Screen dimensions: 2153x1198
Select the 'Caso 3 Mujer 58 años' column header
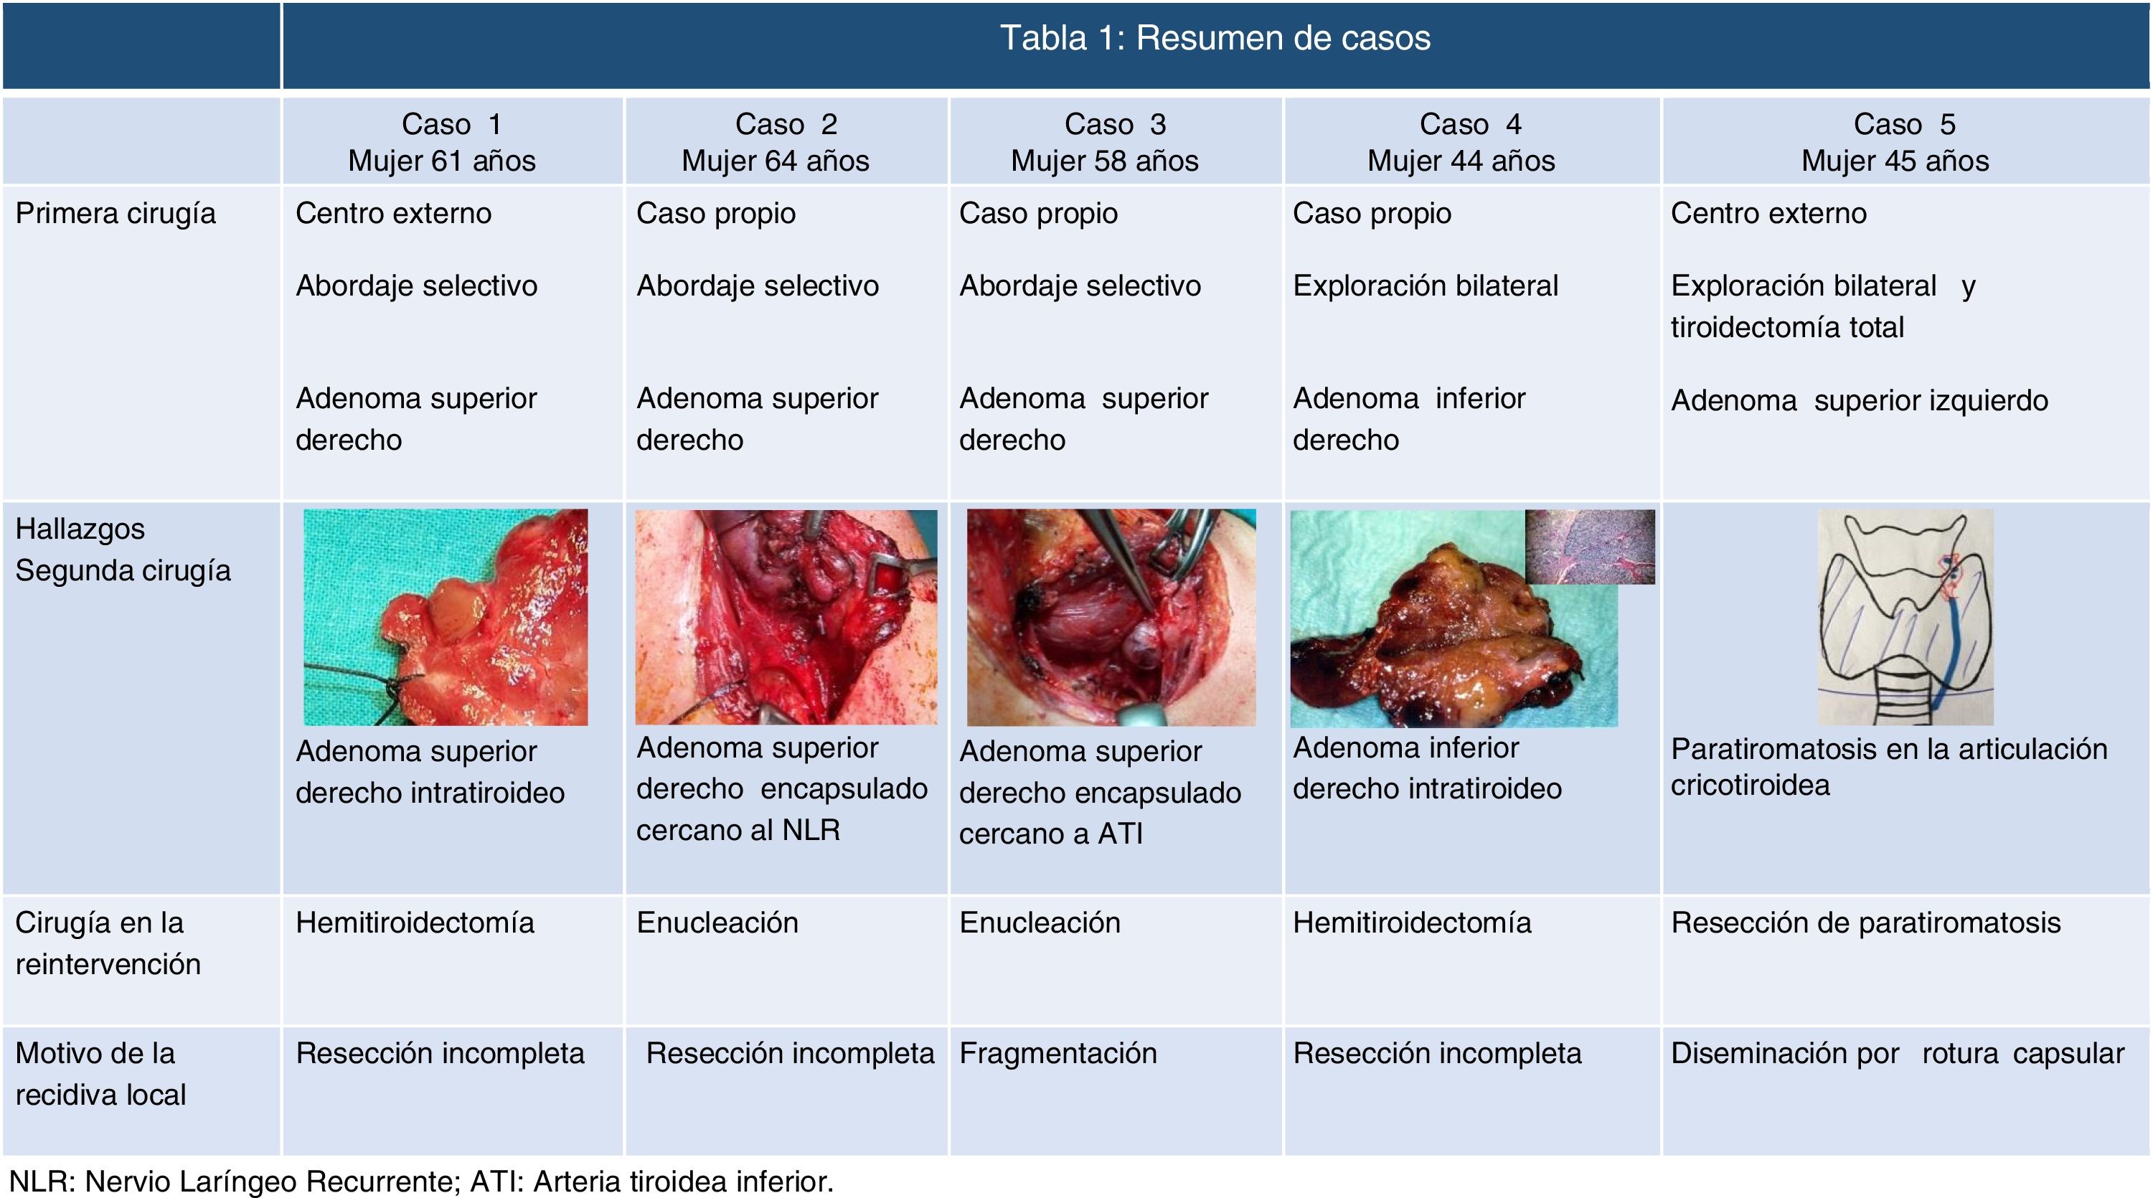(x=1105, y=142)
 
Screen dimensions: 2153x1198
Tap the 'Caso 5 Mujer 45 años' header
(x=1895, y=142)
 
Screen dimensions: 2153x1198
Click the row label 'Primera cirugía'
(x=116, y=214)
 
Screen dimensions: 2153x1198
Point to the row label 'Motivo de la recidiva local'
(x=100, y=1073)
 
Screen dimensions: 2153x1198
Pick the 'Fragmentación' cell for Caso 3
(x=1058, y=1053)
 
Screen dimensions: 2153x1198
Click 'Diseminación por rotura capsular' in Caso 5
(x=1898, y=1053)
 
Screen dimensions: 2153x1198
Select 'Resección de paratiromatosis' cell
(x=1865, y=923)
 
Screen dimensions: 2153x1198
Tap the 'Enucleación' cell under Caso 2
(x=717, y=923)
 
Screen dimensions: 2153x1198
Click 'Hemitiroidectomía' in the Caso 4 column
(x=1412, y=923)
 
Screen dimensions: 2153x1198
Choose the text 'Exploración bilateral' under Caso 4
(x=1425, y=286)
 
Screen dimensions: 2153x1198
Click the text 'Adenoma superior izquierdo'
(x=1859, y=401)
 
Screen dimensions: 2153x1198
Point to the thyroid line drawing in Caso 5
(x=1905, y=617)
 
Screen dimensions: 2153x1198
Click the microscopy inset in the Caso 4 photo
(x=1590, y=547)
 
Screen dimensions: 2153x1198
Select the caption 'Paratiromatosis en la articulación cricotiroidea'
(x=1888, y=767)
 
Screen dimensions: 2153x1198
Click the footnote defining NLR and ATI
(x=421, y=1182)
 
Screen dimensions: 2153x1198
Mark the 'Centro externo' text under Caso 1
(x=393, y=214)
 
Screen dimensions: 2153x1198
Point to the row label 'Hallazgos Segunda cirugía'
(x=122, y=550)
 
